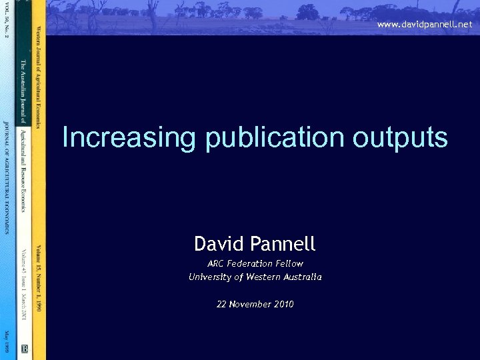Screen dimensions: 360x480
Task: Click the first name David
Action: click(219, 244)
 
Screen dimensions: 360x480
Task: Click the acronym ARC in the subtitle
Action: click(217, 263)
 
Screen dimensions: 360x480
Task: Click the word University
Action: click(211, 277)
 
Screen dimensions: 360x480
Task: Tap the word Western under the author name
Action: click(265, 277)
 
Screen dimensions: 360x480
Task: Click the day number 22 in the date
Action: click(222, 304)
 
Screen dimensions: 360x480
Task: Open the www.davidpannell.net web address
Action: click(424, 24)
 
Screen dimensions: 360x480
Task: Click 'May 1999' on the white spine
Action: click(7, 341)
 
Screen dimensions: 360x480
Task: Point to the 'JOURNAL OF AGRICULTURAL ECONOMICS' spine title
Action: click(7, 177)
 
